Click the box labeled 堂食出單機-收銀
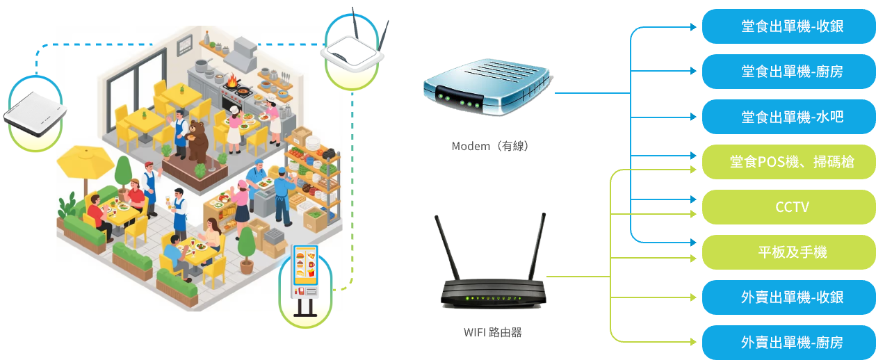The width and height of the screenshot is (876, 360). [x=788, y=26]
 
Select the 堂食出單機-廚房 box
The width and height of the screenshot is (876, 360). [x=788, y=71]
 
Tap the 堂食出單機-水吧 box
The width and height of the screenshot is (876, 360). [x=788, y=117]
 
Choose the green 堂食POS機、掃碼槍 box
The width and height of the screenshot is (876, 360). [x=788, y=162]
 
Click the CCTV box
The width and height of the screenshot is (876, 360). [x=788, y=207]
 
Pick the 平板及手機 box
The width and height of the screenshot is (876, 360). [x=788, y=252]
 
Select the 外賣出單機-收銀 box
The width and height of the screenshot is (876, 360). [x=788, y=297]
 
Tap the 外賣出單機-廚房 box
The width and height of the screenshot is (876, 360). [x=788, y=342]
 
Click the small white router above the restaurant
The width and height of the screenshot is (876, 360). [x=355, y=52]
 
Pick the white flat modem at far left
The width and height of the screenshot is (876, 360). [x=35, y=114]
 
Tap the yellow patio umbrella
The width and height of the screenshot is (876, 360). [x=85, y=161]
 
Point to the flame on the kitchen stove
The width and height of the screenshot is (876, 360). [x=232, y=81]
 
